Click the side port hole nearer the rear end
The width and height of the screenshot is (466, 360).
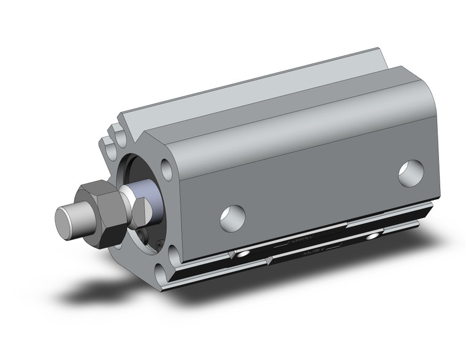click(410, 172)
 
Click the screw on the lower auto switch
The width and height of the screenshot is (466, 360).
click(372, 236)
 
